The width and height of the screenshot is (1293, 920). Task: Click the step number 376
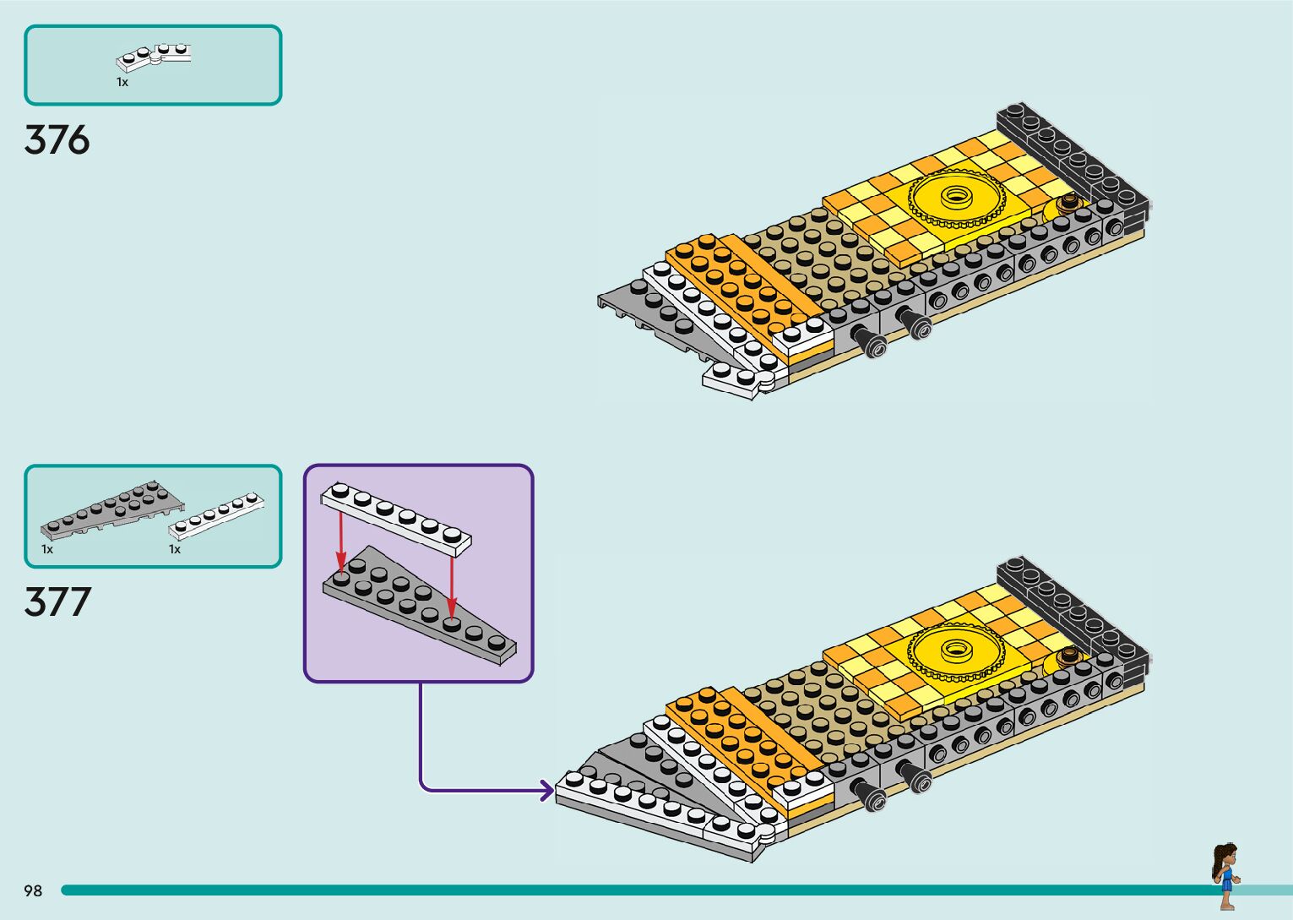click(57, 139)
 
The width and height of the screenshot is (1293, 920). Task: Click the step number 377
click(57, 602)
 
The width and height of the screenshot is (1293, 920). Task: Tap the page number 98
click(33, 890)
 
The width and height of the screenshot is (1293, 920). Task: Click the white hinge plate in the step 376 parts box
click(154, 57)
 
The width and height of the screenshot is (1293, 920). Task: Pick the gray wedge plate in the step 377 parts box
click(112, 510)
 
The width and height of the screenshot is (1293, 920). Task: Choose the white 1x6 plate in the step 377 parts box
click(216, 515)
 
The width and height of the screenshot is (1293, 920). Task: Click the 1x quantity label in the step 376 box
click(122, 83)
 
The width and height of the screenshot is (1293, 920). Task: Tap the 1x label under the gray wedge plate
click(47, 549)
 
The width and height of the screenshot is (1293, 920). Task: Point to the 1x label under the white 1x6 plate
click(175, 549)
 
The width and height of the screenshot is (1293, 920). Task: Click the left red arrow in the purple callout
click(341, 542)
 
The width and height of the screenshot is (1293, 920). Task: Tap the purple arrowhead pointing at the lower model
click(546, 790)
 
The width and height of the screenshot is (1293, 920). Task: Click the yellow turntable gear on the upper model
click(957, 197)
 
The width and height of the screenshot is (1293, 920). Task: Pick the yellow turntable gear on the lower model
click(957, 651)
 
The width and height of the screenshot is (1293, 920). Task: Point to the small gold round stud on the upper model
click(1068, 202)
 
